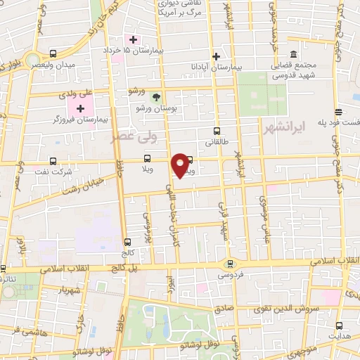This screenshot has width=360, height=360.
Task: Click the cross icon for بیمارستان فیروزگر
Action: [x=80, y=108]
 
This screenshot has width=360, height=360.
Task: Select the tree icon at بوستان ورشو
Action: [x=156, y=98]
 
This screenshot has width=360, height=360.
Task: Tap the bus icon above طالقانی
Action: [x=216, y=130]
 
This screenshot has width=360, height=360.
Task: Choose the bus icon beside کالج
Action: [x=127, y=241]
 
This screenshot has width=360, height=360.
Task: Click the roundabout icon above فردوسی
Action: [x=229, y=264]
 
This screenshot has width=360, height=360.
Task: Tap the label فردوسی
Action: [x=230, y=276]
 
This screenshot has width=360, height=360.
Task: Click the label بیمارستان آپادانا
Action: [x=217, y=67]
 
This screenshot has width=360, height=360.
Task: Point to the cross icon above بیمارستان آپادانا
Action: [x=217, y=56]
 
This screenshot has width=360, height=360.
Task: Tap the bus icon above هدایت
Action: [x=340, y=326]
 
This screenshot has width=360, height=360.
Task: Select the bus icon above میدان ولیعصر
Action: [x=53, y=53]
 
